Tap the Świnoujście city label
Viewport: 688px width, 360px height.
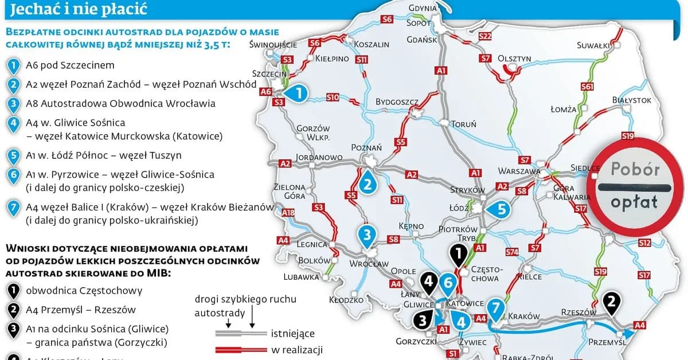point(273,44)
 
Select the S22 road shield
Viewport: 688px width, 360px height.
point(485,36)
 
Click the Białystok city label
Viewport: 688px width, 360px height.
point(631,100)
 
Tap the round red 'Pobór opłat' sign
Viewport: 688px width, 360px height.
point(635,186)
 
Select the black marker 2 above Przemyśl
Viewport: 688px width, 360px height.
point(612,303)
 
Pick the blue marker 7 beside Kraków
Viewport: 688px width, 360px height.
point(496,308)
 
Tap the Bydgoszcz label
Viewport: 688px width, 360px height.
point(396,101)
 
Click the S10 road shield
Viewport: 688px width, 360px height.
point(333,97)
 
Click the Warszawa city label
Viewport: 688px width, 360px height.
point(519,171)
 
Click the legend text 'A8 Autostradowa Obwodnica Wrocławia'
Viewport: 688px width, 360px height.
point(120,104)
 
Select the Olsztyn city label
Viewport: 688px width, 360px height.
point(514,58)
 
